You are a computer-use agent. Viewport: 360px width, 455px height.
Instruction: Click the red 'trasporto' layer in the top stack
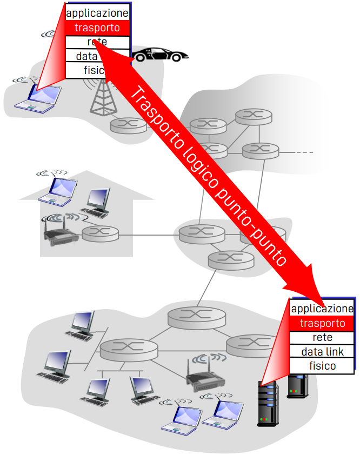coord(97,27)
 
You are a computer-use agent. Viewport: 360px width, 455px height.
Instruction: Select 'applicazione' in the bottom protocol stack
coord(322,309)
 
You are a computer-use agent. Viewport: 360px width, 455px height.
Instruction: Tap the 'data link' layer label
coord(322,352)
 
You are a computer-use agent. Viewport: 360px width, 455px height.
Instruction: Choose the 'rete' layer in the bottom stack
coord(322,338)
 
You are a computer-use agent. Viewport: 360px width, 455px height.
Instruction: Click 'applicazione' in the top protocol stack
coord(97,12)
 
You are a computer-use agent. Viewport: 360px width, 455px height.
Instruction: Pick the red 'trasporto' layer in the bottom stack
coord(322,323)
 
